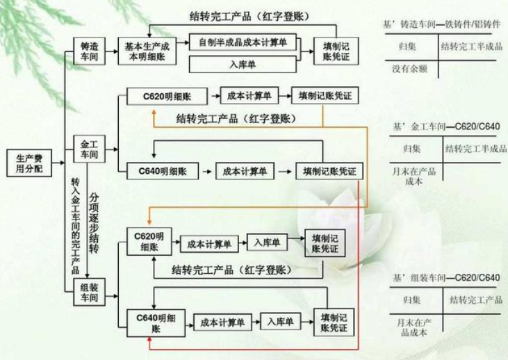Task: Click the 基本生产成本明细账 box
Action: (x=147, y=51)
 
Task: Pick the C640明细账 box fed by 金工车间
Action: (x=158, y=170)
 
